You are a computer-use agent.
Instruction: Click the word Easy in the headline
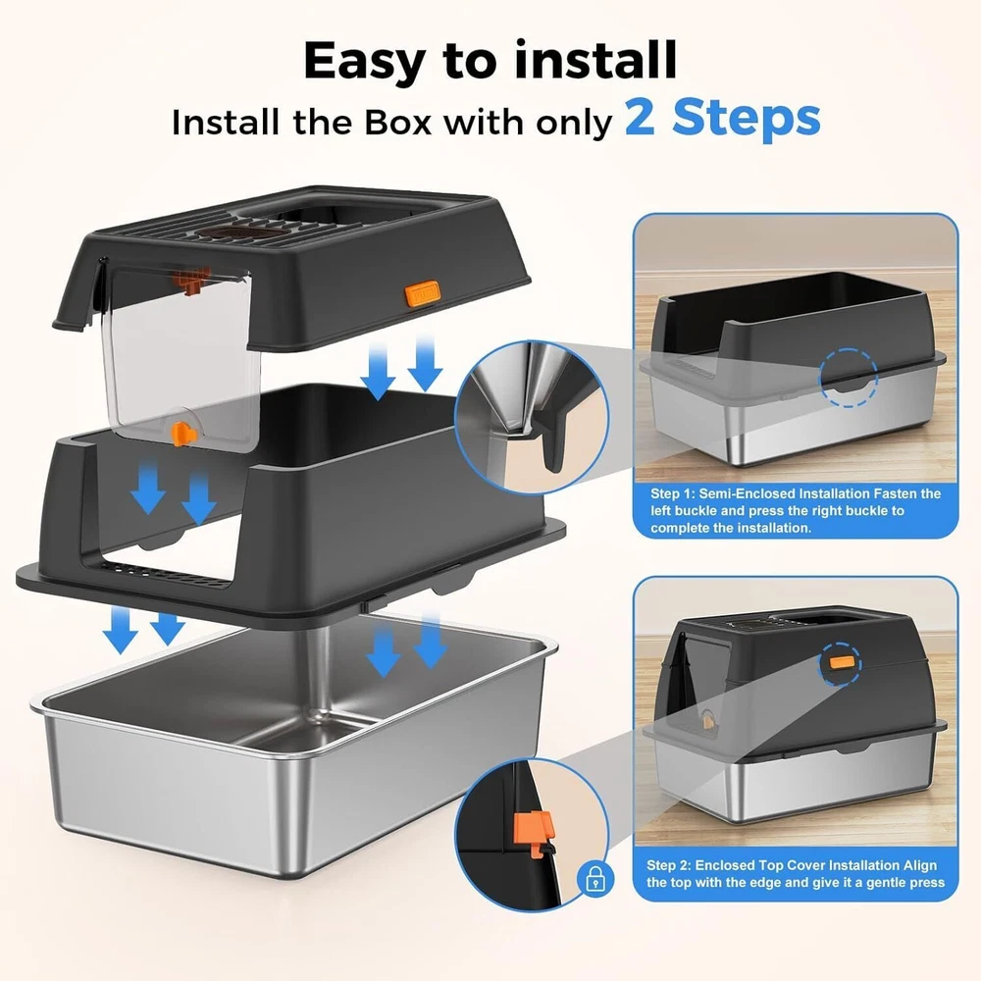point(364,60)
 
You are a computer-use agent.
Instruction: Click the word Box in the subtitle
point(398,122)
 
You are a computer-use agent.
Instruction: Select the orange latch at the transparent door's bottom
point(183,434)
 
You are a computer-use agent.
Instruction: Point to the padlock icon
point(595,878)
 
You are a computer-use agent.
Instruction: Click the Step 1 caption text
point(796,510)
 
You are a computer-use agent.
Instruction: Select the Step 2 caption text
point(796,873)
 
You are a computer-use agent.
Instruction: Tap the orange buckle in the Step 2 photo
point(841,662)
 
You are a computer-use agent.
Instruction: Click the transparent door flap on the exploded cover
point(181,357)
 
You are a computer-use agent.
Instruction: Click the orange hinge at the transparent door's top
point(192,280)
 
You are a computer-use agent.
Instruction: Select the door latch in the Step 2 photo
point(708,720)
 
